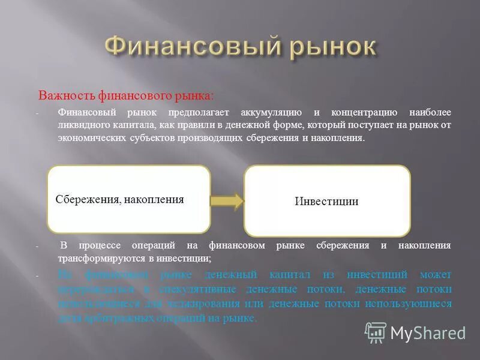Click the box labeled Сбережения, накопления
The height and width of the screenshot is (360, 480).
[x=128, y=199]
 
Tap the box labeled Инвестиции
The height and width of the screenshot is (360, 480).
[x=327, y=201]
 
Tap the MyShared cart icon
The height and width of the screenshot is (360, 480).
[x=376, y=332]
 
